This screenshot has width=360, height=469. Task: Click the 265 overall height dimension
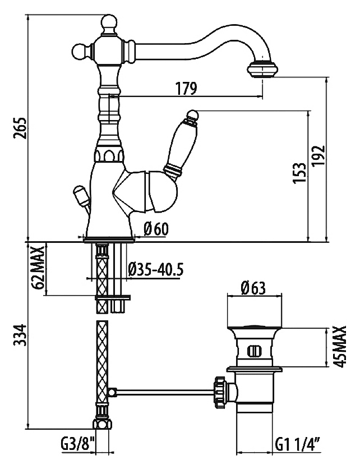pyautogui.click(x=20, y=128)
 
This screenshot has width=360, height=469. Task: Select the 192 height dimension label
pyautogui.click(x=318, y=156)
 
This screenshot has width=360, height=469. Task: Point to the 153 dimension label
pyautogui.click(x=300, y=173)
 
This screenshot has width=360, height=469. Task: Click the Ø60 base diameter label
pyautogui.click(x=156, y=229)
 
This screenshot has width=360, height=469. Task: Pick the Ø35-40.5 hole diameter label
pyautogui.click(x=155, y=269)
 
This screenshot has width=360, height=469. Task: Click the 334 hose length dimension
pyautogui.click(x=20, y=335)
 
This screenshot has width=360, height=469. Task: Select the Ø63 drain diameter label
pyautogui.click(x=253, y=288)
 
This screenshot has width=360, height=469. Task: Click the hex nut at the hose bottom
pyautogui.click(x=102, y=424)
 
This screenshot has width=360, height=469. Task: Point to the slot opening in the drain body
pyautogui.click(x=255, y=351)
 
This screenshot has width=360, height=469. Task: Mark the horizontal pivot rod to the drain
pyautogui.click(x=164, y=392)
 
